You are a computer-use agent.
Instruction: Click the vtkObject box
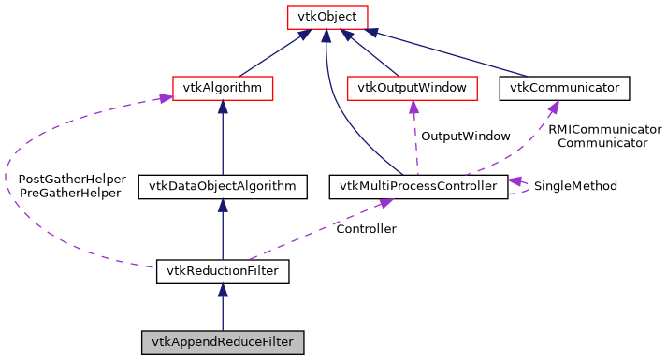coord(325,17)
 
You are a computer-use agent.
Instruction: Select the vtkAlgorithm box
coord(222,89)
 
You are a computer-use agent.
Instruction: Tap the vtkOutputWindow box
coord(412,89)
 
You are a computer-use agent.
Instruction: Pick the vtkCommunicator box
coord(564,89)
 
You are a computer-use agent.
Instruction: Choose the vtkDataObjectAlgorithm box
coord(222,186)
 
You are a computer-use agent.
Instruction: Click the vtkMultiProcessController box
coord(418,186)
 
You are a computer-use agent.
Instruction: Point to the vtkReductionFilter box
coord(222,272)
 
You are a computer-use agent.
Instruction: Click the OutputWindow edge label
coord(465,137)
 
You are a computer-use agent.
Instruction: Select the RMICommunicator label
coord(604,129)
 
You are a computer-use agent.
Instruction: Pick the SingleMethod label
coord(575,186)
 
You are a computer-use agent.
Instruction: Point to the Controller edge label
coord(366,229)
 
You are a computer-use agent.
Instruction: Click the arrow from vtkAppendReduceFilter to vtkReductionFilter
coord(222,308)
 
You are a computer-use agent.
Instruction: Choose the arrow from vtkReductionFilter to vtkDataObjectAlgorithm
coord(222,229)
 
